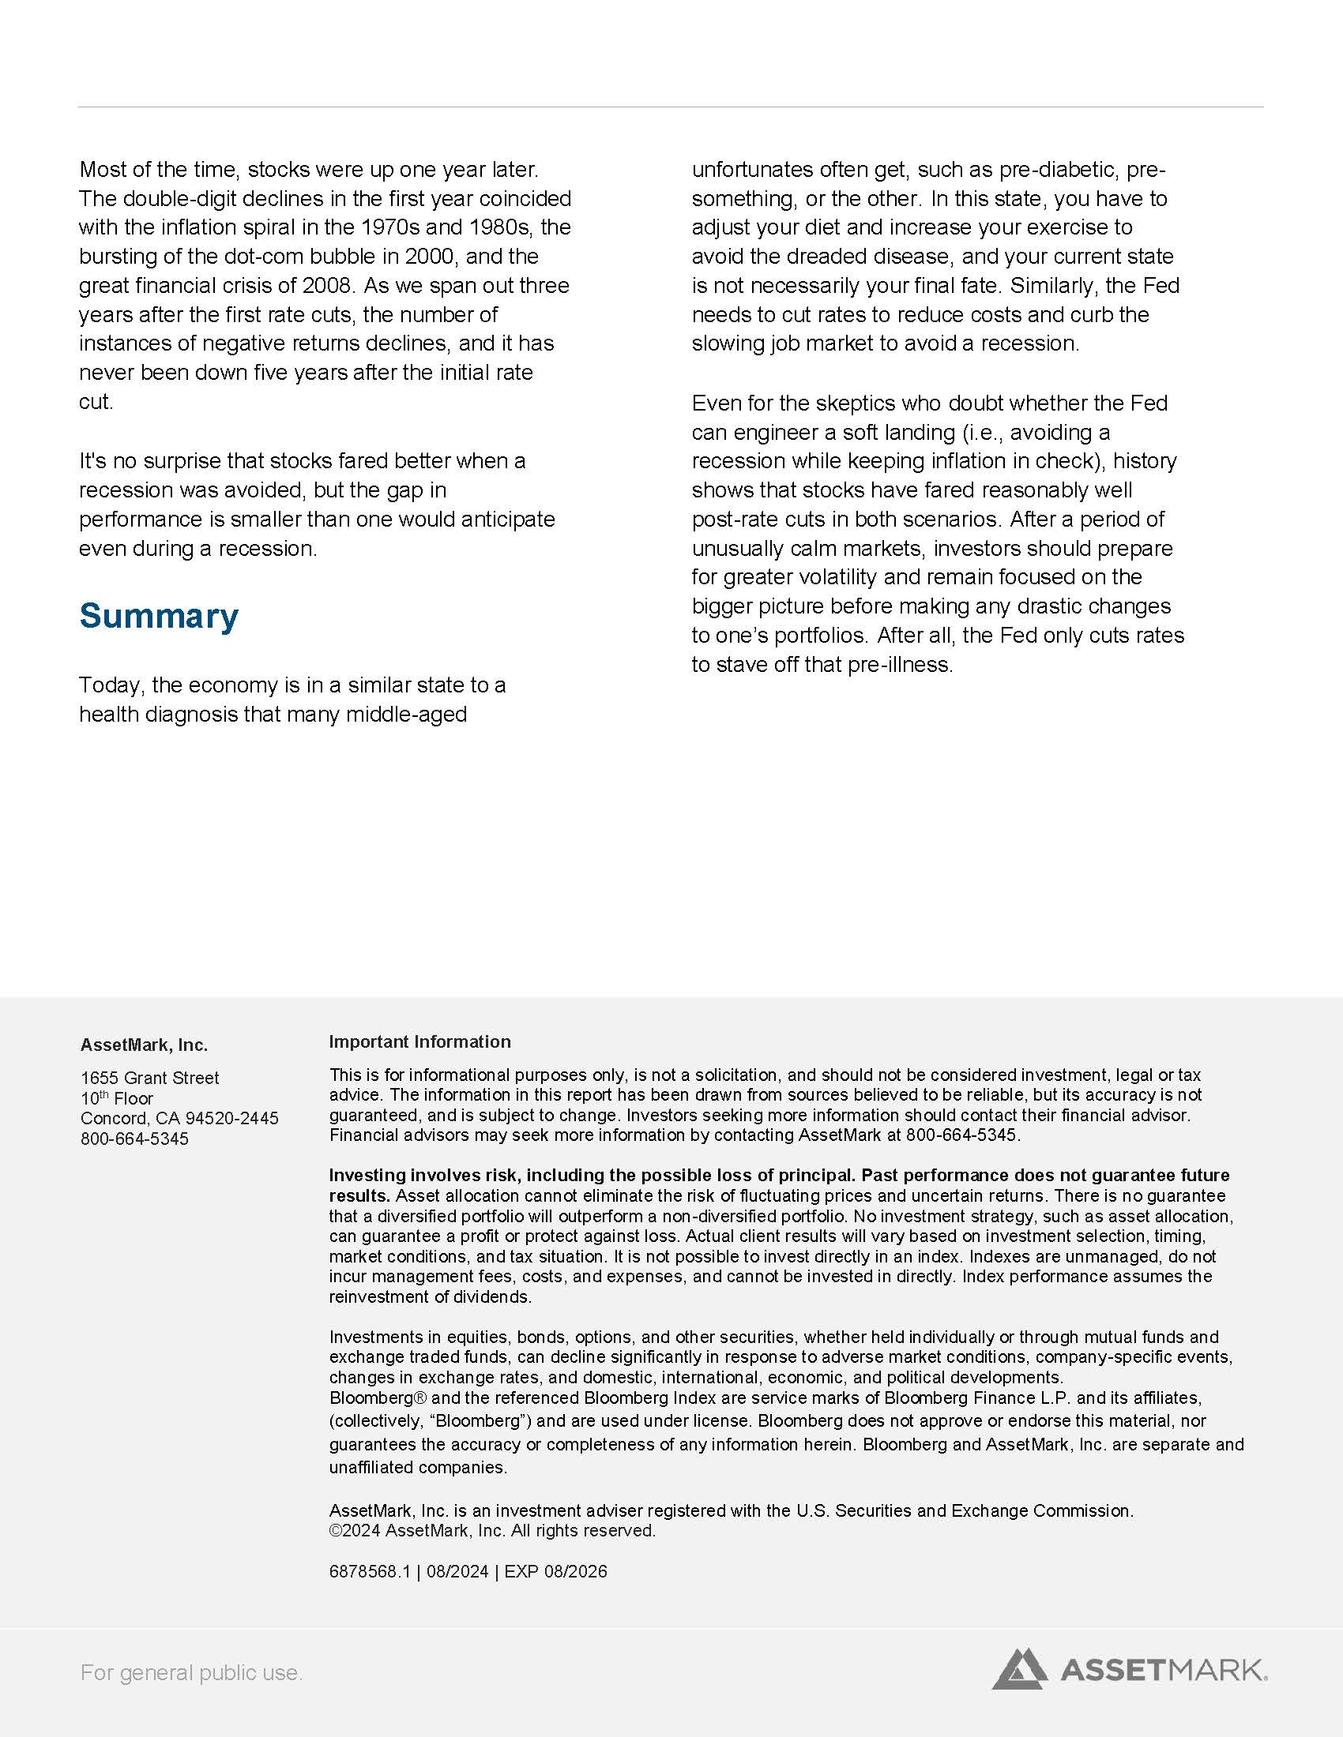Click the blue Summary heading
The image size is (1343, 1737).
(158, 617)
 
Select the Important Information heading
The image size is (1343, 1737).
(419, 1042)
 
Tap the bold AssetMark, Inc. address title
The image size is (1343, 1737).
(144, 1045)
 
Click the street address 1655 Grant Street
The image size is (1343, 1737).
(149, 1078)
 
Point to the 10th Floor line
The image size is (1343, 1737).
(117, 1098)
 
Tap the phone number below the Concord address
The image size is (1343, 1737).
(134, 1138)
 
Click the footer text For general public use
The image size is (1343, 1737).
(191, 1672)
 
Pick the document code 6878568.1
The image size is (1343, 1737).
(370, 1571)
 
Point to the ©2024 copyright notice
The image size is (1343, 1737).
(492, 1531)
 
